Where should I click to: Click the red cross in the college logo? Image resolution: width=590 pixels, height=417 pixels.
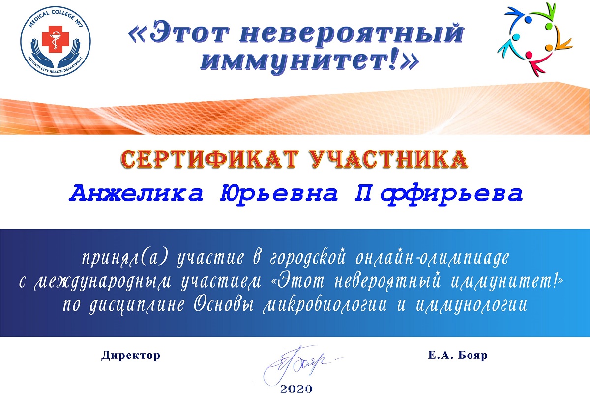(x=55, y=39)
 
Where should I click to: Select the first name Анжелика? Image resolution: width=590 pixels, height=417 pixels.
(x=136, y=193)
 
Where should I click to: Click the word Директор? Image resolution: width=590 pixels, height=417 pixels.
(x=131, y=356)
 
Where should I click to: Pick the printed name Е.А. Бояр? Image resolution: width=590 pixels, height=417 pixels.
(x=458, y=356)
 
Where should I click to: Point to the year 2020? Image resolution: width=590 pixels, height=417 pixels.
(x=296, y=389)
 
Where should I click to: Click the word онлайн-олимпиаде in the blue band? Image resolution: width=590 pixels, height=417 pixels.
(x=432, y=257)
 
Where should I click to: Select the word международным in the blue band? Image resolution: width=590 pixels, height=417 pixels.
(x=102, y=282)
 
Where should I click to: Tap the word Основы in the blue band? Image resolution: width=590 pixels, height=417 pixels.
(x=224, y=305)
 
